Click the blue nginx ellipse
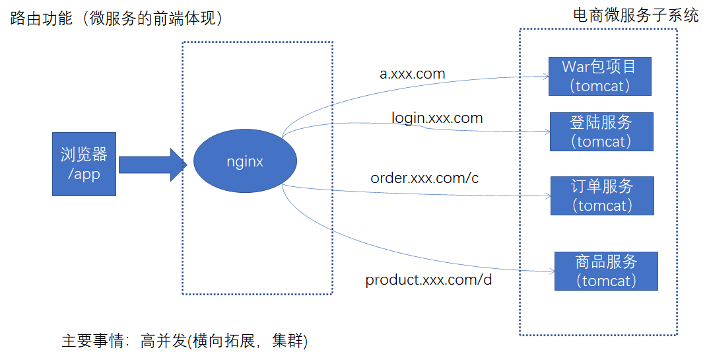245,161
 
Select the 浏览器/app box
84,164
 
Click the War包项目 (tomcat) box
599,76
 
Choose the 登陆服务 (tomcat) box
601,131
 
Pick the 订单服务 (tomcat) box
601,196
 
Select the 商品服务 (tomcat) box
606,271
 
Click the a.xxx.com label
412,73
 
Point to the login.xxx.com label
437,118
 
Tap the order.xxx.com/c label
424,178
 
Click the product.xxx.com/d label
428,279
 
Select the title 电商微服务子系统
636,15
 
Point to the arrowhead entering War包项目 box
546,77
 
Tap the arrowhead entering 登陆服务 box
547,131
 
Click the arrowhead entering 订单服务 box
547,196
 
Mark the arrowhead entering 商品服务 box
551,271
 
